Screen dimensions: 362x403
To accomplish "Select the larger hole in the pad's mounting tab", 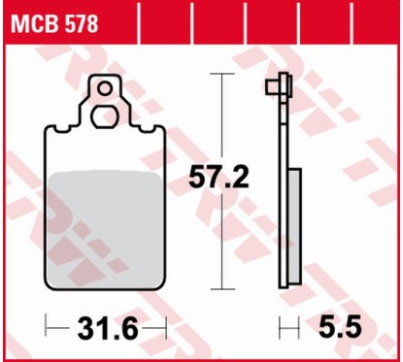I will [104, 116].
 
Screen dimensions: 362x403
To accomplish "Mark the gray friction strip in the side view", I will [291, 227].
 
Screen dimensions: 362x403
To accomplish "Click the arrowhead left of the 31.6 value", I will [50, 328].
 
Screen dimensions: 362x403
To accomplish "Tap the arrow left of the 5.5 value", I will [285, 328].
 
